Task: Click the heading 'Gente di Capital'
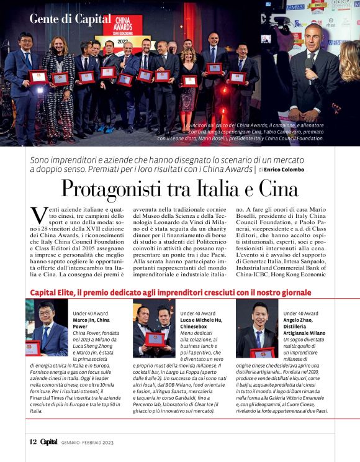click(x=70, y=19)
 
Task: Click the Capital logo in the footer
click(x=50, y=442)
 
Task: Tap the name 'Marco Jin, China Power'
click(x=90, y=322)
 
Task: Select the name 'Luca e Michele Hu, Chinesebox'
click(x=201, y=322)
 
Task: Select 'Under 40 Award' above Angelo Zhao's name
click(x=300, y=314)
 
